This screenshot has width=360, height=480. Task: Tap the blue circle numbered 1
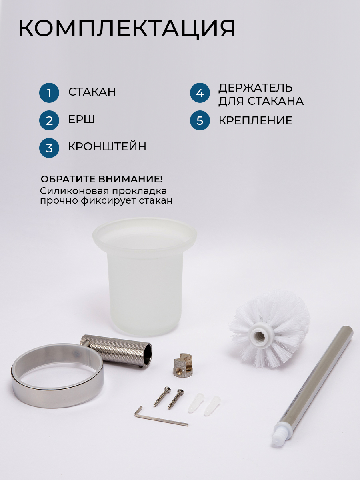49,93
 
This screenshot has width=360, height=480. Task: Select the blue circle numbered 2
49,120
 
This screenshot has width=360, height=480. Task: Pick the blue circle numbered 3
49,148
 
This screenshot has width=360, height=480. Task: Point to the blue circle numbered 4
200,93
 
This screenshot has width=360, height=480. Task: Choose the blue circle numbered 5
200,120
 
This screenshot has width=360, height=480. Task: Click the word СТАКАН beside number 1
92,92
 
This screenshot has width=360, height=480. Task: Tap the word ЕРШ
82,119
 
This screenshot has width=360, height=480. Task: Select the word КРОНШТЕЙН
107,146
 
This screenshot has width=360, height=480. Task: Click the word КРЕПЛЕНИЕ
256,120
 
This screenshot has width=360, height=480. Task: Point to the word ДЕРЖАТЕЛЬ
256,88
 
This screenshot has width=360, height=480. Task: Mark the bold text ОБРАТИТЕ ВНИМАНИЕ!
102,179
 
